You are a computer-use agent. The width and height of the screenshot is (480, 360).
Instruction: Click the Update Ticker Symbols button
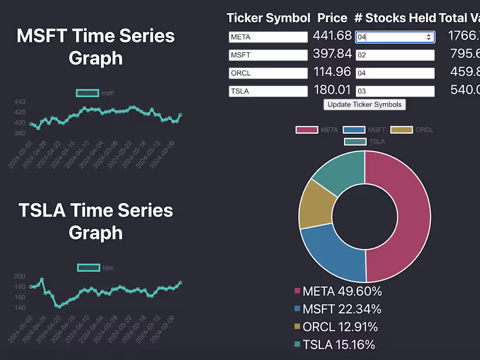coord(364,105)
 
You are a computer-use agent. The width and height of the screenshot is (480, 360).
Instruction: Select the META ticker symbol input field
coord(268,37)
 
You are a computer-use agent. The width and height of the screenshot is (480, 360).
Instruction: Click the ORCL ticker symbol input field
coord(268,73)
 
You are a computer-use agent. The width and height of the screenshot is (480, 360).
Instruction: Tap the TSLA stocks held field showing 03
coord(395,91)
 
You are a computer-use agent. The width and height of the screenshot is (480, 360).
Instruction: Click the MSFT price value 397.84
coord(332,54)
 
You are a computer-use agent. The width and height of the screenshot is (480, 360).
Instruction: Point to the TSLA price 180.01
coord(332,90)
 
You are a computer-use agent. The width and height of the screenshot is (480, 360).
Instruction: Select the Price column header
coord(332,18)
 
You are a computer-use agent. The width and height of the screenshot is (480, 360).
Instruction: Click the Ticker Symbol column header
coord(268,18)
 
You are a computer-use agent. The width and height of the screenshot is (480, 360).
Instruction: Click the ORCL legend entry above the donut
coord(411,130)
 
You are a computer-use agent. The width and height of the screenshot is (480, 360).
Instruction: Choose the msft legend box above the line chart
coord(87,93)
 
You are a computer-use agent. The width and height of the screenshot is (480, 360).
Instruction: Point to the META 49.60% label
coord(338,291)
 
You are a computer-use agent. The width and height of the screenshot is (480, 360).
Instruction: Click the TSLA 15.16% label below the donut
coord(335,345)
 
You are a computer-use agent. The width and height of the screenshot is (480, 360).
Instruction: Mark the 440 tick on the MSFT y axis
coord(20,102)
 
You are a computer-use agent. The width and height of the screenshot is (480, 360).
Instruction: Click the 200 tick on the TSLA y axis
coord(20,276)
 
